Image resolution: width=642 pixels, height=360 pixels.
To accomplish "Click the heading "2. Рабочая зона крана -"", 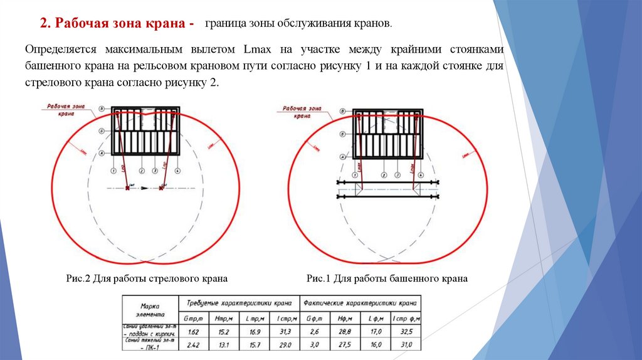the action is (x=117, y=24).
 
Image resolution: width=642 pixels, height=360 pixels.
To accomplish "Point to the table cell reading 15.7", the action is (x=255, y=344).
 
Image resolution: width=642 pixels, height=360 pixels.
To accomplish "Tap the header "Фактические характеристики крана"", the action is (x=360, y=301).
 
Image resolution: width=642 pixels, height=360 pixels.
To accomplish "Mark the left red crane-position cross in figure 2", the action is (x=127, y=187).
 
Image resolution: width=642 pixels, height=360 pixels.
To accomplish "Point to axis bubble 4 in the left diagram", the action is (x=178, y=171).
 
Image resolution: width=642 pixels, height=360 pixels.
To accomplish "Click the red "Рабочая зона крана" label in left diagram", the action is (x=64, y=110).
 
